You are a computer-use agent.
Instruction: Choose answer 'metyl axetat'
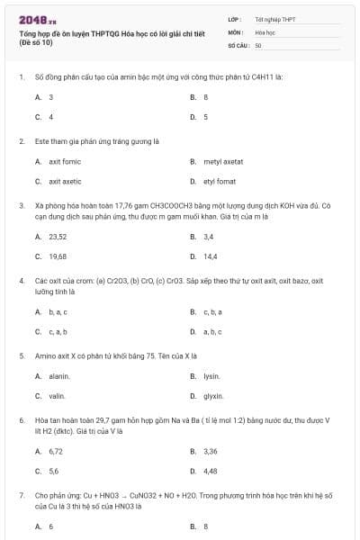(x=223, y=161)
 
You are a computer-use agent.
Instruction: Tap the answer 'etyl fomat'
(x=220, y=181)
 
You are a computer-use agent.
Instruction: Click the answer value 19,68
(x=58, y=256)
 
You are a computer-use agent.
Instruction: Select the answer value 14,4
(x=210, y=256)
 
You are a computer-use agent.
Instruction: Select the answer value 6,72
(x=56, y=451)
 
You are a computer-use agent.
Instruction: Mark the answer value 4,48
(x=211, y=470)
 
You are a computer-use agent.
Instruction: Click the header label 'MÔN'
(x=235, y=31)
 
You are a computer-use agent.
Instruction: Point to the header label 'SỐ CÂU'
(x=238, y=44)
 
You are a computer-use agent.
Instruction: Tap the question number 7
(x=21, y=495)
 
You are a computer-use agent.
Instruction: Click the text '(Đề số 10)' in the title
(x=35, y=42)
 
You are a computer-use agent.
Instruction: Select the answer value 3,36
(x=211, y=451)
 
